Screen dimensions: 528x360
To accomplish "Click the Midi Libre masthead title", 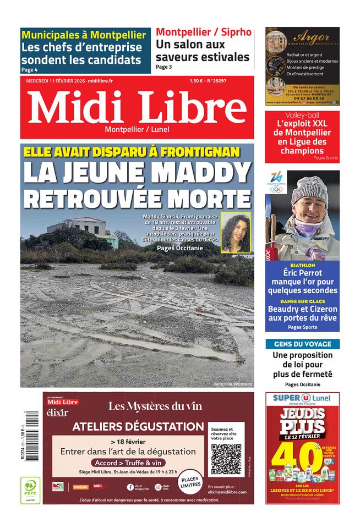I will coord(138,107).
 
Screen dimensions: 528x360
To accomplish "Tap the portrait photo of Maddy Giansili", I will coord(235,233).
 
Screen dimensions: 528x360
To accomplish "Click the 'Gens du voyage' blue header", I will coord(302,344).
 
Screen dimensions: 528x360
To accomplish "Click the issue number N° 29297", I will coord(215,81).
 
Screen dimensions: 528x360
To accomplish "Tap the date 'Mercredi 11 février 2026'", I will coord(56,81).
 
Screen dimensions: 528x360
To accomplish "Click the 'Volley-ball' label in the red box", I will coord(302,116).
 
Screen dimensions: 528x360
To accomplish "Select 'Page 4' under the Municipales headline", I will coord(30,70).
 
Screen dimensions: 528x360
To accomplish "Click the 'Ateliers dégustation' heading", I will coord(138,426).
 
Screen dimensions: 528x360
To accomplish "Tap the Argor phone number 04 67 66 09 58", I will coord(302,97).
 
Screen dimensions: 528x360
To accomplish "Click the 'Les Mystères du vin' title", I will coord(155,406).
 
